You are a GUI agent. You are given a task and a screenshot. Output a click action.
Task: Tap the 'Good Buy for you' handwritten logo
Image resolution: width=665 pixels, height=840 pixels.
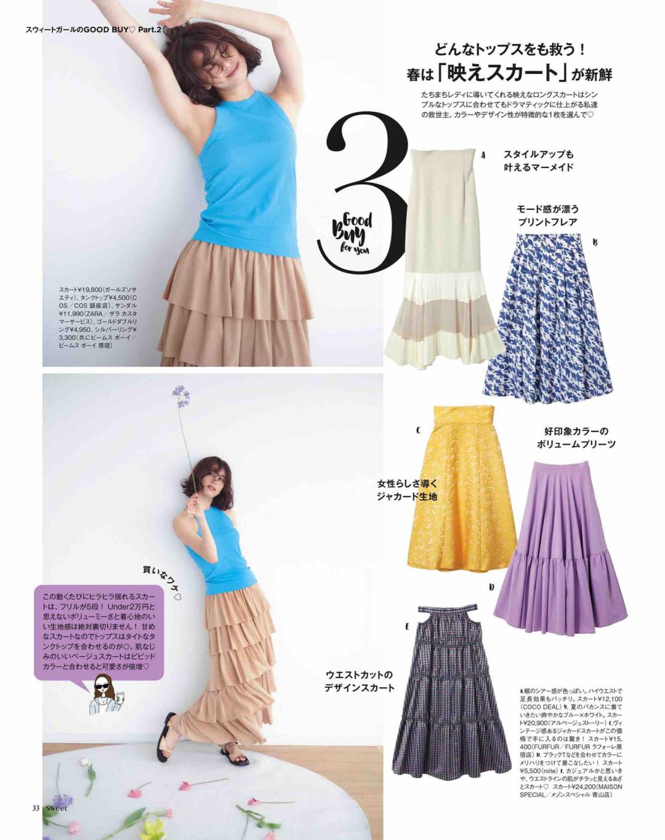tap(351, 235)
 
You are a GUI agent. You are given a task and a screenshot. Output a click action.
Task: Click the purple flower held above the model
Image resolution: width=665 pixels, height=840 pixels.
tap(180, 395)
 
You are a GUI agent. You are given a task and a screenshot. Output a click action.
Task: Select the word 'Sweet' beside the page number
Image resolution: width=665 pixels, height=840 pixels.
tap(56, 808)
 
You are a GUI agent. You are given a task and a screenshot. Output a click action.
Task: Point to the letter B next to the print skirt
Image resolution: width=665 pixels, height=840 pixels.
tap(595, 243)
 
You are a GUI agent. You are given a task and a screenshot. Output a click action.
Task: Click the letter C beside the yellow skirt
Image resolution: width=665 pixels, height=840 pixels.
tap(418, 430)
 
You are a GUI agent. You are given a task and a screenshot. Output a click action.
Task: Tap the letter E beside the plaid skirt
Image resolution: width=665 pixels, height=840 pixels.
tap(407, 626)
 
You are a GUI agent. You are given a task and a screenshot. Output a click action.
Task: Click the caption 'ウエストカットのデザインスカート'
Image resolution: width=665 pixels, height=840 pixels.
tap(359, 681)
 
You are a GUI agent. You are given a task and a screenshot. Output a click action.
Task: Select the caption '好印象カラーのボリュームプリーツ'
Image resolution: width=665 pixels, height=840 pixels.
tap(575, 437)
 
